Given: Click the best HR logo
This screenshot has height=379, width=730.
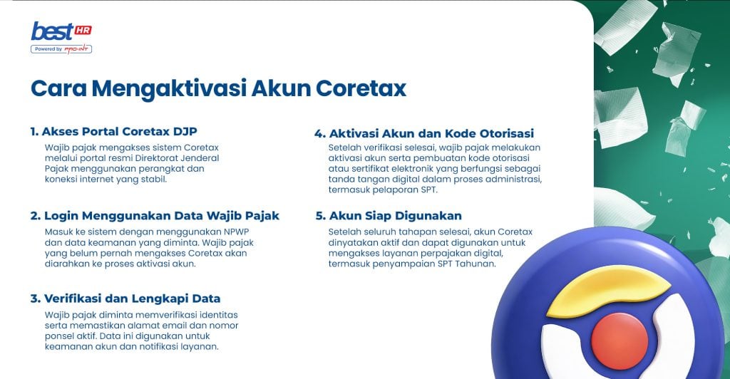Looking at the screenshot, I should (61, 32).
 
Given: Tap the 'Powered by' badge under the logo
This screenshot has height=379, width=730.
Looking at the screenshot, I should (61, 49).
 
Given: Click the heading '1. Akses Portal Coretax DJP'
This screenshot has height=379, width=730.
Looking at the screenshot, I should (113, 132).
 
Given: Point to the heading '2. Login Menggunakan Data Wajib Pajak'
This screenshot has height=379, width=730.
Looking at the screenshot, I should (154, 216).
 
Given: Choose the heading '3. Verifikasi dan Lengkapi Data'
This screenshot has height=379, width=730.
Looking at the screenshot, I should (125, 298).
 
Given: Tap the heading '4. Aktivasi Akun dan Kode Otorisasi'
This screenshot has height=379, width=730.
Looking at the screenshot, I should (424, 133).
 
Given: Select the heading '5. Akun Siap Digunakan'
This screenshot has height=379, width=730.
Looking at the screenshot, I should (389, 216).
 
